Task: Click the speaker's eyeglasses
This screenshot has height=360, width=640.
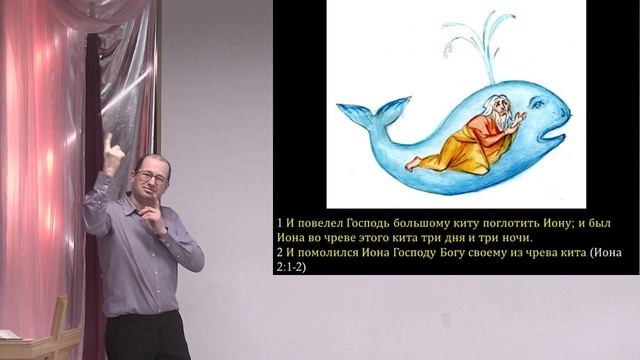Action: click(x=151, y=177)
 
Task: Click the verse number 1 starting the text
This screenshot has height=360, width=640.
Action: click(x=280, y=221)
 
